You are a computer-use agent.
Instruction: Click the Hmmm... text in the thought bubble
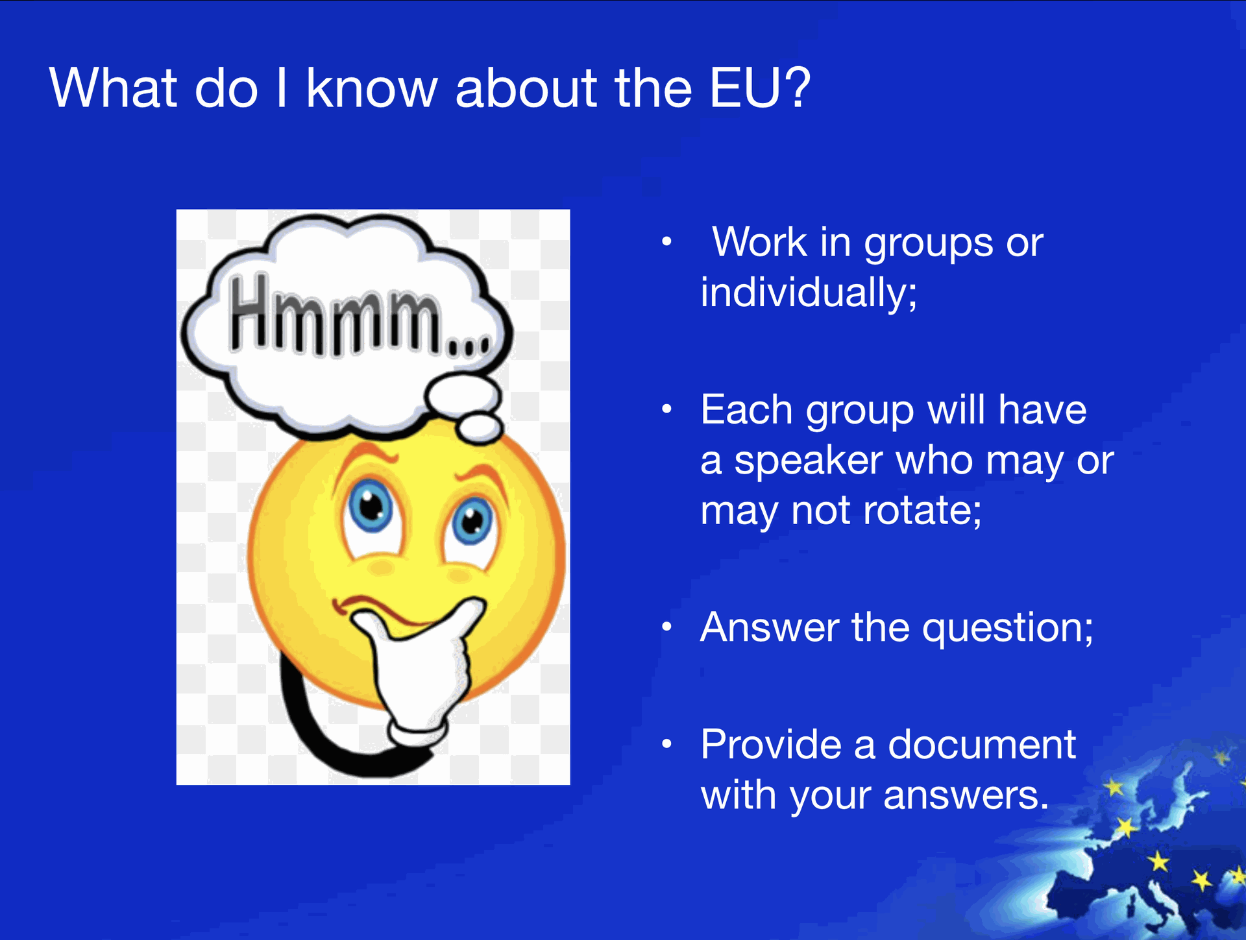359,315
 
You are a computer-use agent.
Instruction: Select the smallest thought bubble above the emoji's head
480,428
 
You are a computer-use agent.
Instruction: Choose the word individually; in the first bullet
809,293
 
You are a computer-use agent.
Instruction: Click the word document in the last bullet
982,744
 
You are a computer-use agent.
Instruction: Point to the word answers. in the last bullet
966,796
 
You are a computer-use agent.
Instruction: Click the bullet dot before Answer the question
666,627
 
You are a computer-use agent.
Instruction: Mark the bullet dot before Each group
666,409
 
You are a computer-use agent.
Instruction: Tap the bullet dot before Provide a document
666,744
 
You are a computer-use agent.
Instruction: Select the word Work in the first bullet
759,243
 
